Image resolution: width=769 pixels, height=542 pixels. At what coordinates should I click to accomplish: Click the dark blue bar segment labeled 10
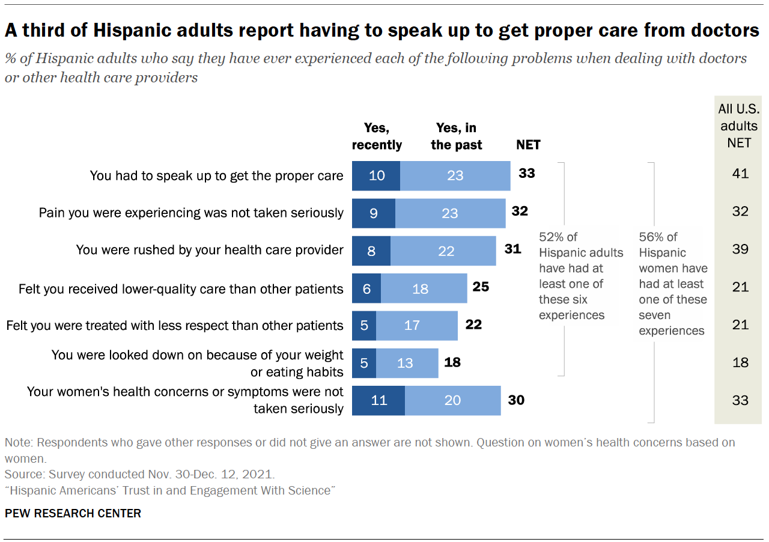tap(376, 176)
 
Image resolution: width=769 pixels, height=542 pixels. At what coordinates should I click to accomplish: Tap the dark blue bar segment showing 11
tap(378, 400)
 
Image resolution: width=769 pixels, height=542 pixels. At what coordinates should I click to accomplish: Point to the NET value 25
tap(481, 287)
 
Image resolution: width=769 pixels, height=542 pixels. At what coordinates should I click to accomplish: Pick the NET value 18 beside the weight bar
tap(452, 362)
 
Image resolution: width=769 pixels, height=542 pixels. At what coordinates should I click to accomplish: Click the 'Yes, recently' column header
tap(377, 136)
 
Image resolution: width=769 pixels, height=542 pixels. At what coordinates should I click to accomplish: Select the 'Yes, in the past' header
tap(456, 136)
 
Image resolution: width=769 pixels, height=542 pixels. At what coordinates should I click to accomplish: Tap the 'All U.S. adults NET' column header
tap(738, 126)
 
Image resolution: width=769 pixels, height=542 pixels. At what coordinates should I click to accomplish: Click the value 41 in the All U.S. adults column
tap(740, 174)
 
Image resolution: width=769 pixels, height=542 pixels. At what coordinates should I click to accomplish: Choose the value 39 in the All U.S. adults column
tap(740, 249)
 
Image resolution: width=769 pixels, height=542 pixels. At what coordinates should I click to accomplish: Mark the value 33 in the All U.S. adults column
tap(740, 400)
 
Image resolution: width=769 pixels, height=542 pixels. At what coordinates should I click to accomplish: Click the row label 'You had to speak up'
tap(216, 175)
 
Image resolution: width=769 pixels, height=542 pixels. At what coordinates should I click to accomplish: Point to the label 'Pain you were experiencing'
tap(191, 213)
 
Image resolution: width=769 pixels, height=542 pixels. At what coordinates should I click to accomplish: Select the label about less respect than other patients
tap(175, 326)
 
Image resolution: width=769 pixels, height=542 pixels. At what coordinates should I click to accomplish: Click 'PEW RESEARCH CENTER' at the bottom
tap(73, 513)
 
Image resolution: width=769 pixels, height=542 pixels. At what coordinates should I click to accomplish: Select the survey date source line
tap(140, 473)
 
